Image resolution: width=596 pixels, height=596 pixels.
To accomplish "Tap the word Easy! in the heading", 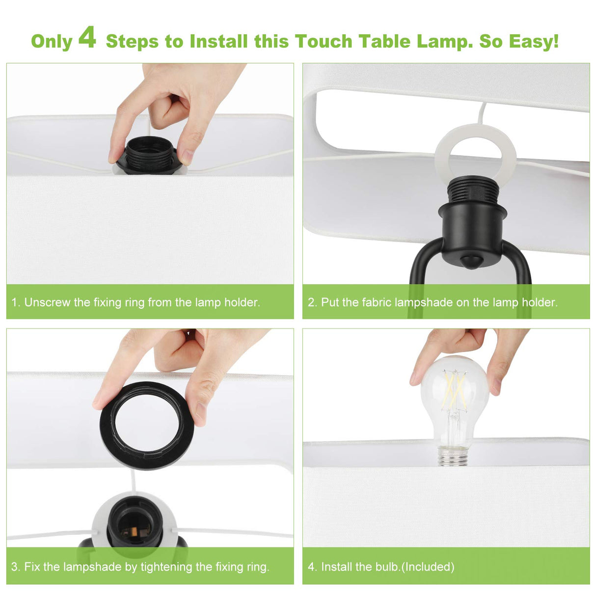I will [533, 41].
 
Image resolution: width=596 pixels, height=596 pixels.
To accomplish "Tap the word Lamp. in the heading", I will [445, 41].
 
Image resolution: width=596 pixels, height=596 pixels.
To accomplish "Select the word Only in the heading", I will [52, 41].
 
